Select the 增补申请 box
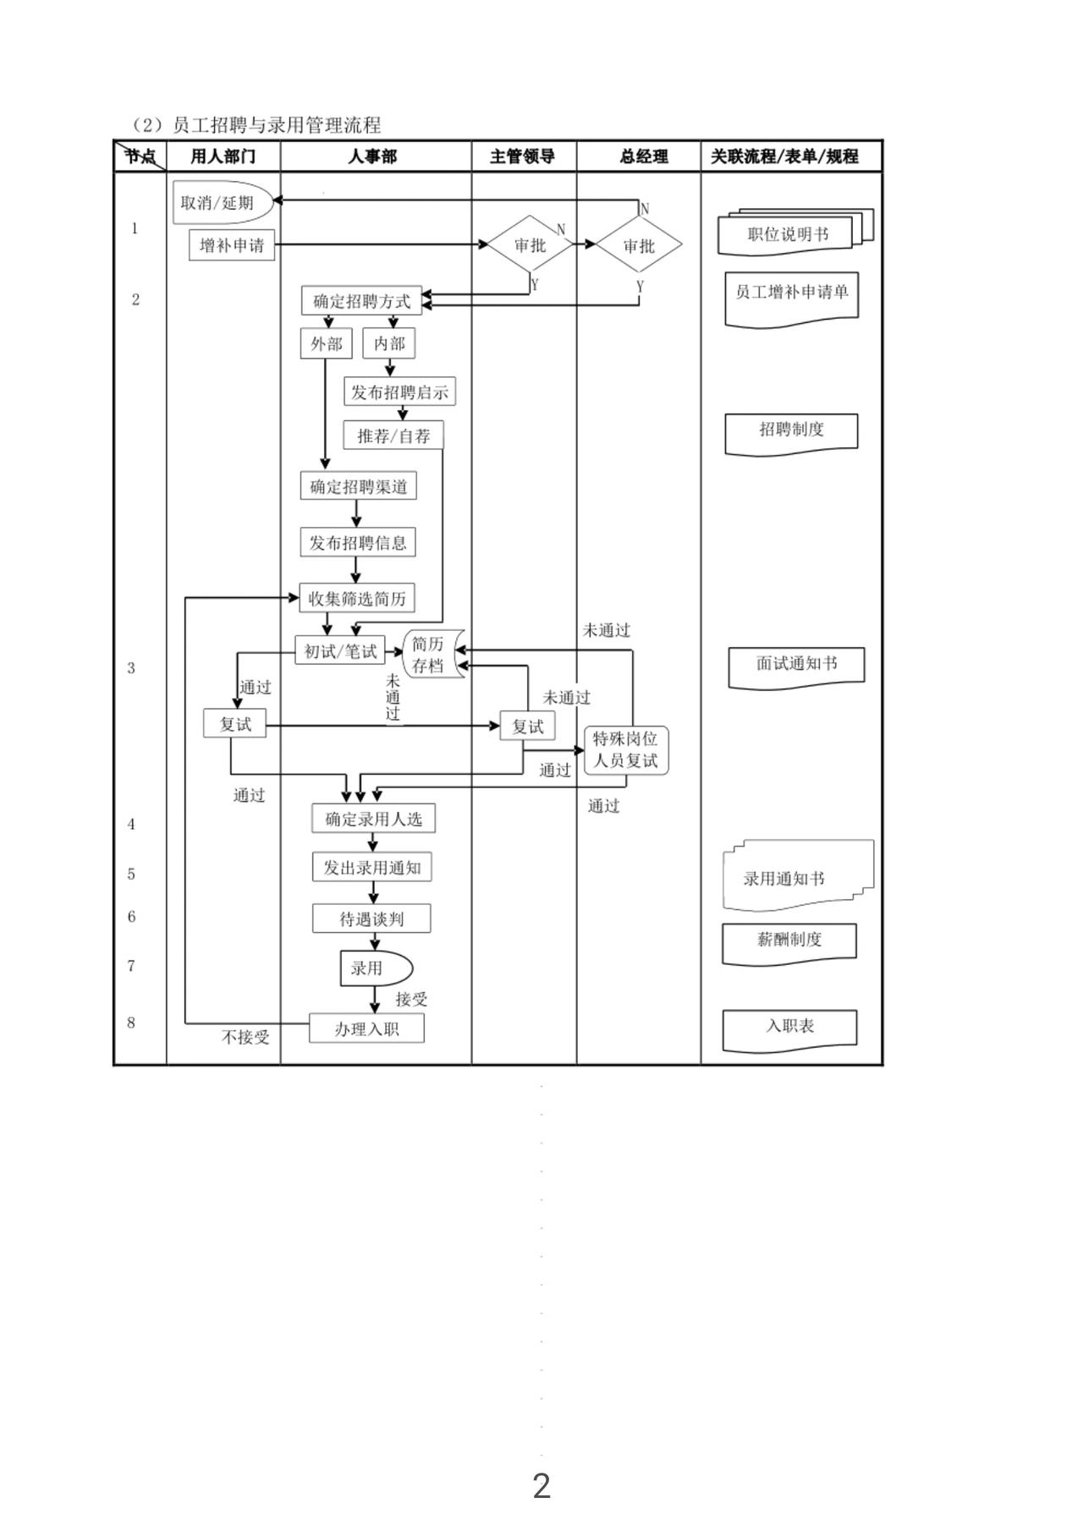[232, 245]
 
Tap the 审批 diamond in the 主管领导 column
[531, 245]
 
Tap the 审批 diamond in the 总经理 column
[639, 245]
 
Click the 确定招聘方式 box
[361, 301]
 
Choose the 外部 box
[327, 343]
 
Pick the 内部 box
[389, 343]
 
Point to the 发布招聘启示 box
[399, 392]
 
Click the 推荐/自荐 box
[393, 436]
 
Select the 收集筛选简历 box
[357, 598]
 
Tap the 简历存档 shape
[432, 654]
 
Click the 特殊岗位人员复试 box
[626, 749]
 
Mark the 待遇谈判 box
[371, 919]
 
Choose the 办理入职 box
[366, 1028]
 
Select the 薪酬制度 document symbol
[789, 940]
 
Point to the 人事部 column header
[372, 156]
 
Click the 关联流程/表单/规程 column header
[784, 156]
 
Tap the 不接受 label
[245, 1036]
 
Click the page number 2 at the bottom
[541, 1485]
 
